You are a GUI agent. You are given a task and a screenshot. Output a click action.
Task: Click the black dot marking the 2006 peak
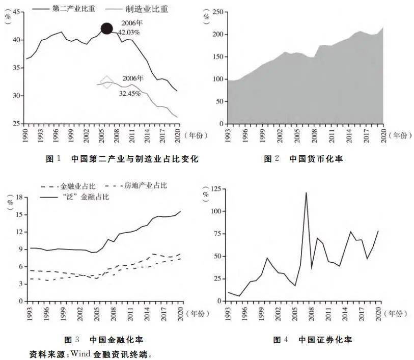(x=106, y=29)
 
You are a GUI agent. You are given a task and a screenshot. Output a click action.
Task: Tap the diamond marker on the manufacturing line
(x=106, y=82)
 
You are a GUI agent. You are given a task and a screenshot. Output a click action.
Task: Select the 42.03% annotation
(x=129, y=33)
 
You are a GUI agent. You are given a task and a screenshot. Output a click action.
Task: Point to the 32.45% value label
(x=130, y=93)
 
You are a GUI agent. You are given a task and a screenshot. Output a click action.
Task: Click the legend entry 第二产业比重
(x=64, y=9)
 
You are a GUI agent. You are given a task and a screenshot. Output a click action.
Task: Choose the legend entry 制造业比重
(x=137, y=9)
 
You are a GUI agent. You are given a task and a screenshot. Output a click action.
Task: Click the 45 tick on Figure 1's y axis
(x=16, y=12)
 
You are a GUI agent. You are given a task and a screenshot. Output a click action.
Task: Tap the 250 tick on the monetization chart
(x=218, y=12)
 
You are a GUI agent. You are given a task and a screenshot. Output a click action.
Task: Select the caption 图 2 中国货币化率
(x=303, y=159)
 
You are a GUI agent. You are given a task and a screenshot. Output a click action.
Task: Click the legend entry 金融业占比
(x=68, y=186)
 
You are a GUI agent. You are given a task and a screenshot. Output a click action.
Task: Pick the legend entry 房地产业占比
(x=136, y=185)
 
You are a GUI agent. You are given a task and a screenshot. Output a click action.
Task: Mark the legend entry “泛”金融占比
(x=75, y=197)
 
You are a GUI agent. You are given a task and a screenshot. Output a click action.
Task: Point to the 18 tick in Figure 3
(x=20, y=197)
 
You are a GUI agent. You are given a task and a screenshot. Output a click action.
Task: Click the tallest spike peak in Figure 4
(x=306, y=192)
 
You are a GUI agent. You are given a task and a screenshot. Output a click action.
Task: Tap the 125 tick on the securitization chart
(x=216, y=189)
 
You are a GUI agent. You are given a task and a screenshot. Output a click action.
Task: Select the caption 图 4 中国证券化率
(x=313, y=340)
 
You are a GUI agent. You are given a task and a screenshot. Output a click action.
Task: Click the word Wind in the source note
(x=80, y=353)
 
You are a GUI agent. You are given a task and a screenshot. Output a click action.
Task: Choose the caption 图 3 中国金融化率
(x=103, y=340)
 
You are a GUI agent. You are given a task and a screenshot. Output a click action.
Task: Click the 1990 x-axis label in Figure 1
(x=25, y=135)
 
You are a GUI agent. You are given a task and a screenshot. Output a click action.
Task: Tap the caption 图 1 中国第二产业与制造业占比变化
(x=122, y=159)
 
